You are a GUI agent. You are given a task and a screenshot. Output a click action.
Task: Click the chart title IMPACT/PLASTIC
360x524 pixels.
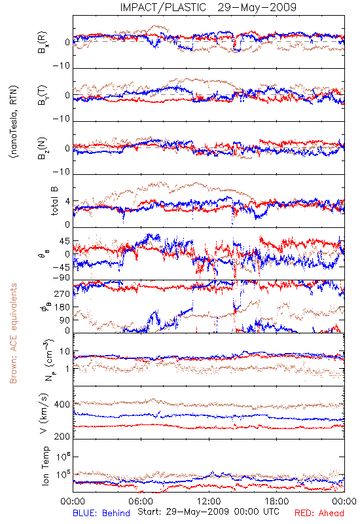(163, 7)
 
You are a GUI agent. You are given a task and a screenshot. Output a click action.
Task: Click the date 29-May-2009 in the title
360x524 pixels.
(257, 7)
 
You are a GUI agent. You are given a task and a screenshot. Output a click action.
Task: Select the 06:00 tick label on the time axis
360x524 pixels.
(141, 501)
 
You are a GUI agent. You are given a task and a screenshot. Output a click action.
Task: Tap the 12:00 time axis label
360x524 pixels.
(209, 501)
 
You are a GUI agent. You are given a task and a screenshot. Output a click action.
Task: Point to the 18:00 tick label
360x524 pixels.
(277, 501)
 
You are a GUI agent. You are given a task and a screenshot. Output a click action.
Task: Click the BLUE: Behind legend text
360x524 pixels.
(101, 513)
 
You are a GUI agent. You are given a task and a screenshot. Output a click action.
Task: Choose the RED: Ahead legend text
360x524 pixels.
(319, 513)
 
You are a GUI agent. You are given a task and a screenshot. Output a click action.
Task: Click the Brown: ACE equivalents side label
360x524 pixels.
(13, 333)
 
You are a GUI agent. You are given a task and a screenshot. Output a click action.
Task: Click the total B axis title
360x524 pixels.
(54, 201)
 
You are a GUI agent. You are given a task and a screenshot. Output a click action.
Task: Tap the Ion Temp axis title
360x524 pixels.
(45, 466)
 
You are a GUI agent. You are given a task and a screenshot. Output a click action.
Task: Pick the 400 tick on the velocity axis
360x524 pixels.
(62, 404)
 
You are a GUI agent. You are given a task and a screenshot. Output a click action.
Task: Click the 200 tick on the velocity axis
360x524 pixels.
(62, 436)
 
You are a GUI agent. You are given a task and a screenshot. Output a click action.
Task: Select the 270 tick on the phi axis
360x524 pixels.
(62, 293)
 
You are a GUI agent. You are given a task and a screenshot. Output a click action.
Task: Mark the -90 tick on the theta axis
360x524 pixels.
(62, 278)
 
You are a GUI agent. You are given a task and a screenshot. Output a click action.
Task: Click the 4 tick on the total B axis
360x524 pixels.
(68, 202)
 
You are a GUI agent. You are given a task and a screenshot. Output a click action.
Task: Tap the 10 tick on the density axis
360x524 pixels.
(65, 352)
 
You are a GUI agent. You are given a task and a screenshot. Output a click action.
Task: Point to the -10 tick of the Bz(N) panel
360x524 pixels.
(62, 172)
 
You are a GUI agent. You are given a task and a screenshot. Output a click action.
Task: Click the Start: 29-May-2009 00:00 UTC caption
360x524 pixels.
(208, 512)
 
